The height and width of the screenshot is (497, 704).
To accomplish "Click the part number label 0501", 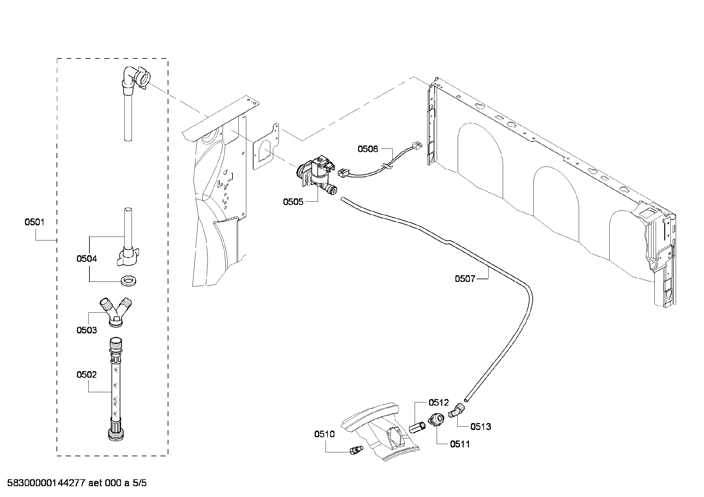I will point(35,222).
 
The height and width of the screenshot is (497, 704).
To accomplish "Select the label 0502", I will point(86,375).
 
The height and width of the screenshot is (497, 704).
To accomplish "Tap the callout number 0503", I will point(86,330).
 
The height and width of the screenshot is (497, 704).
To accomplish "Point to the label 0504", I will point(86,259).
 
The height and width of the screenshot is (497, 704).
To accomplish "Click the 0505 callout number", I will point(293,202).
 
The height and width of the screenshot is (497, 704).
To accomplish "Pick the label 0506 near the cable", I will point(368,149).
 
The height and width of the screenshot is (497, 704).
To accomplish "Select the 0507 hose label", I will point(465,279).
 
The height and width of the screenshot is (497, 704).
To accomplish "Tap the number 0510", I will point(324,434).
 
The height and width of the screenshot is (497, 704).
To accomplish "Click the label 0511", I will point(460,444).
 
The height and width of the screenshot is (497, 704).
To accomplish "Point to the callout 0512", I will point(438,402).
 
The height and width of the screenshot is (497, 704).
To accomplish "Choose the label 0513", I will point(480,427).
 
